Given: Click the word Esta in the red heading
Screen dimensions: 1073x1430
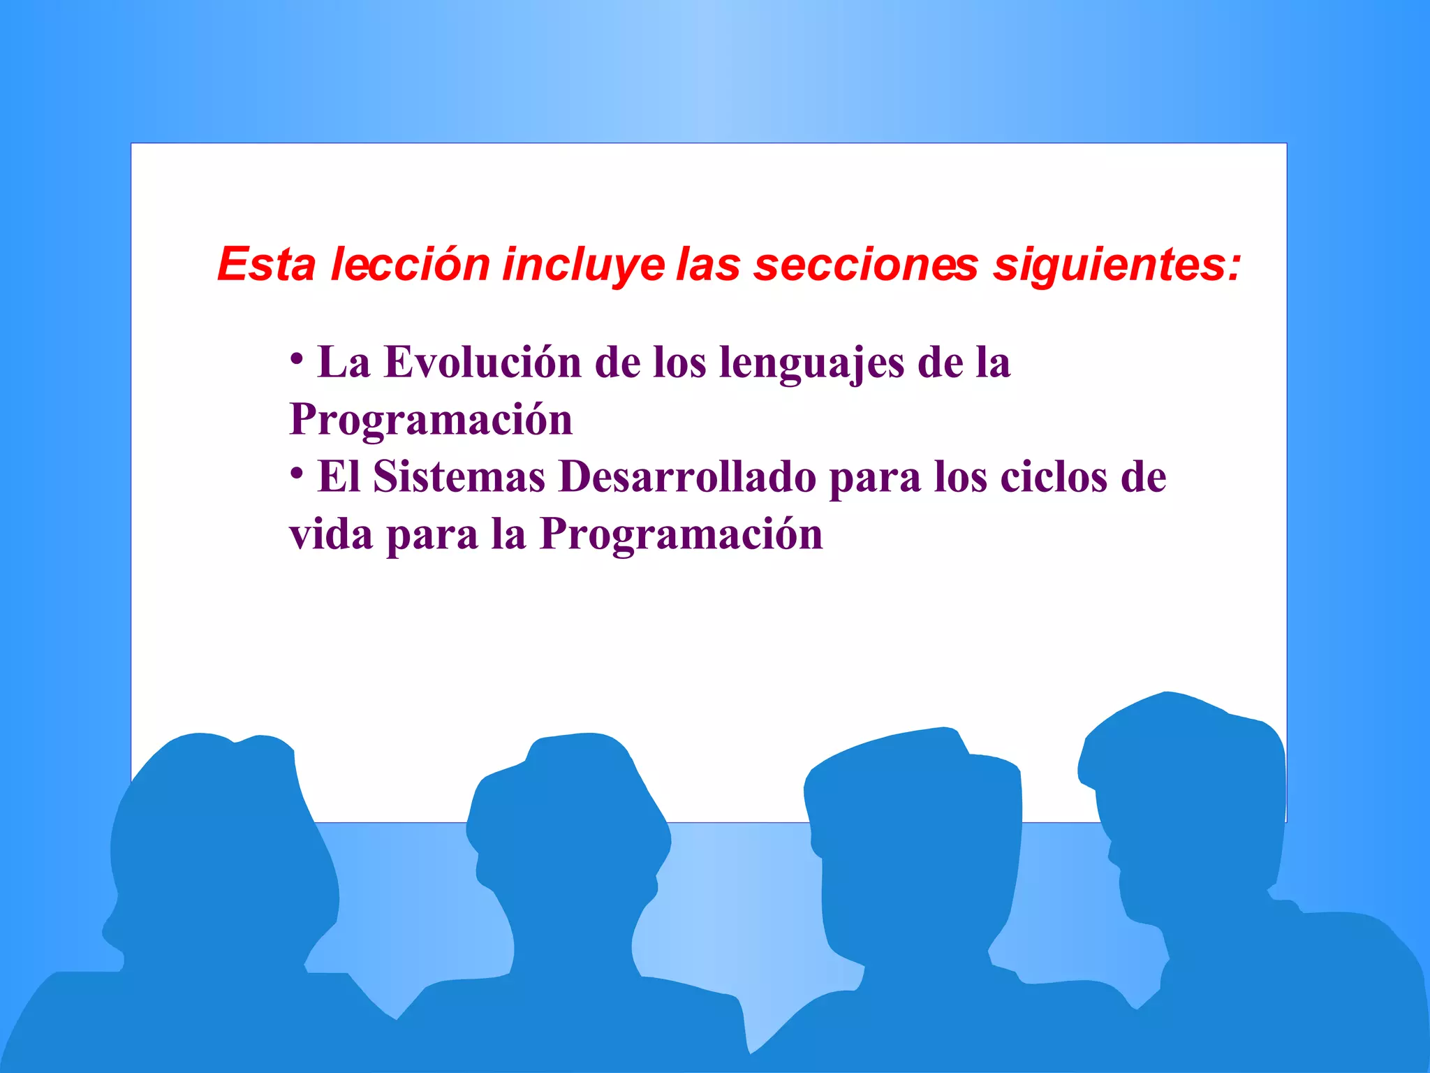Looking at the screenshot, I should [x=266, y=265].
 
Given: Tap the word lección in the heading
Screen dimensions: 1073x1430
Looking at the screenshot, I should [x=410, y=265].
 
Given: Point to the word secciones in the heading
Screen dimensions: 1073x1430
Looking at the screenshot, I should [x=866, y=265].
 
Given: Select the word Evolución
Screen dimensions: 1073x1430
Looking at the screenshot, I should [x=482, y=363].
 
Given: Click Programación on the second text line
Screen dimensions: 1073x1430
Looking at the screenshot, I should [x=431, y=421].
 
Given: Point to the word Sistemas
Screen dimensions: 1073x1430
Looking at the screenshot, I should [x=459, y=477].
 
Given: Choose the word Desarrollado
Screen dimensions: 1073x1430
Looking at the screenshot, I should [x=687, y=477].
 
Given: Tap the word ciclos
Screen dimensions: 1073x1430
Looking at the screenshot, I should [x=1054, y=477].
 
